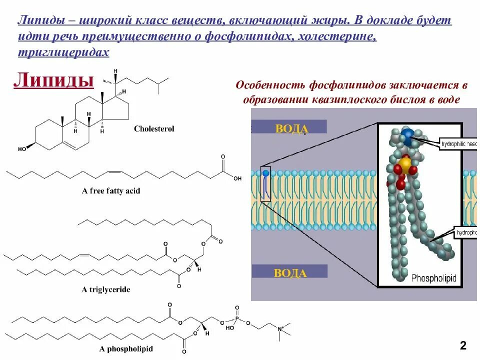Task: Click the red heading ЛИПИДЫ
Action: [53, 80]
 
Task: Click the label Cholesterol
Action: [154, 129]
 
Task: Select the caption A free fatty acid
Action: [111, 191]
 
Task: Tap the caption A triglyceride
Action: [106, 289]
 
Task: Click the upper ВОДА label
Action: [291, 128]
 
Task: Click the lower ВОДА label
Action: [290, 272]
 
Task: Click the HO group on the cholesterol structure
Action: [22, 149]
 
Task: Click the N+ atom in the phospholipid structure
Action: [281, 328]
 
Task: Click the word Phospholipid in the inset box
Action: [434, 278]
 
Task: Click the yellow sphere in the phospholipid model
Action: [405, 163]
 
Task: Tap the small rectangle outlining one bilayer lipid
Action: [265, 183]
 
